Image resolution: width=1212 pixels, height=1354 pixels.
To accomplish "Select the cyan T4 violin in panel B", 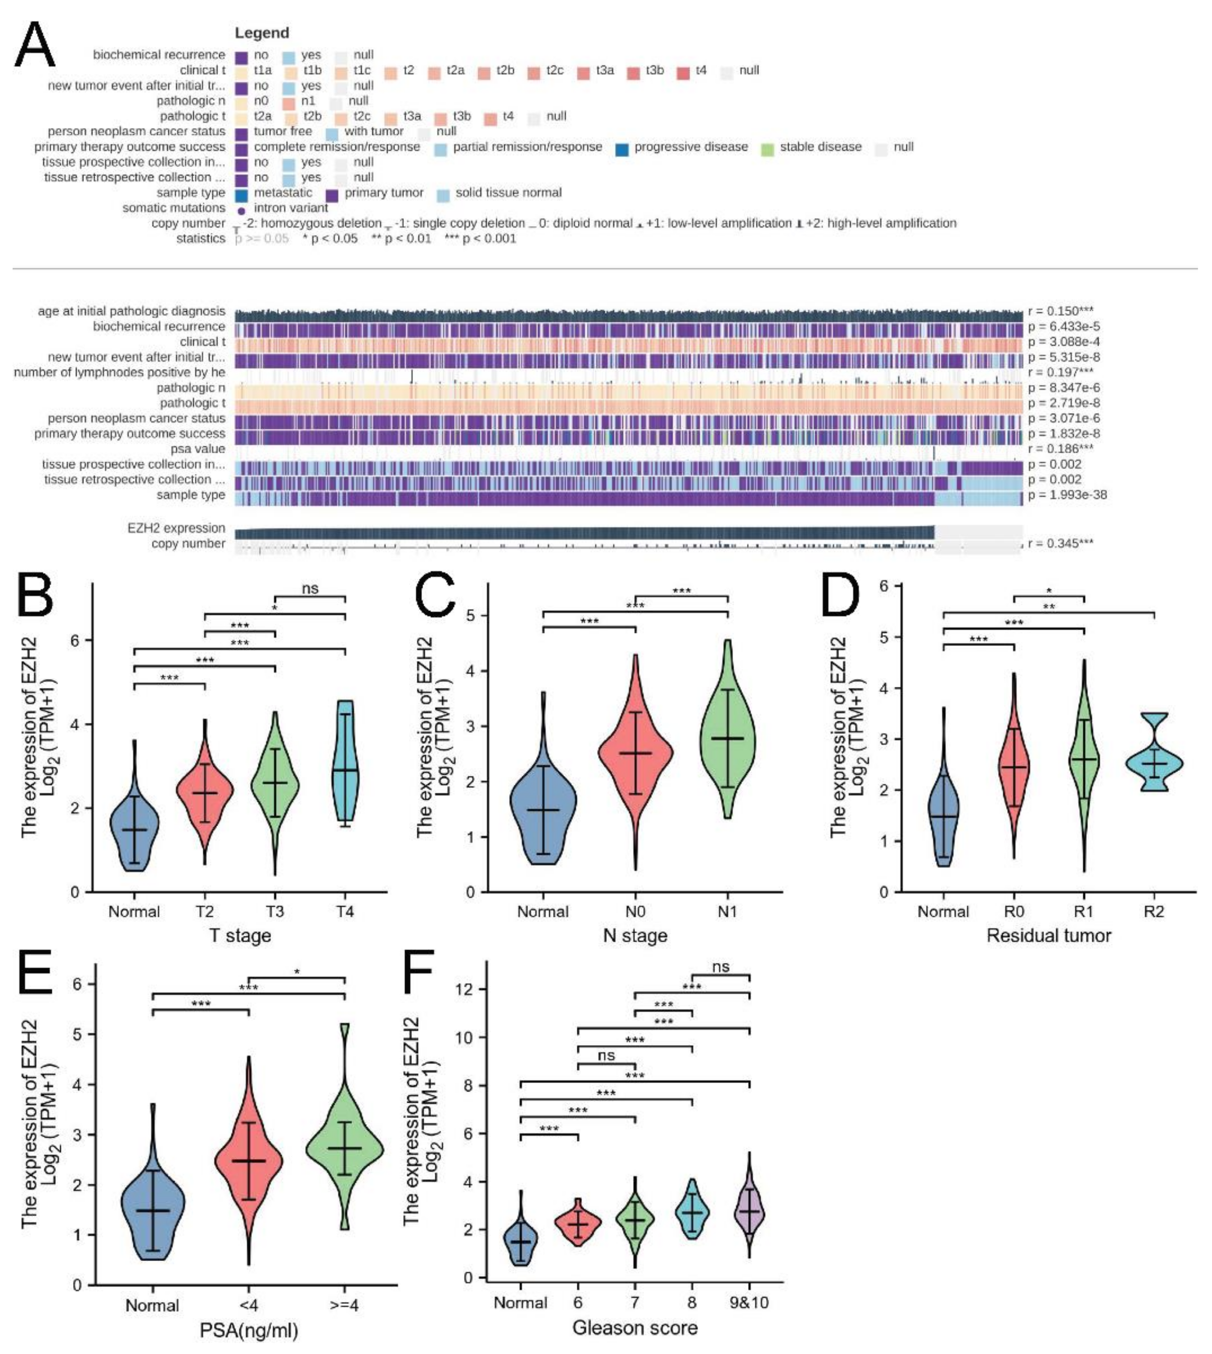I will [345, 765].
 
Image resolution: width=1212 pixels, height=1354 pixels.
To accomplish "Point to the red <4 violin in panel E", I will [248, 1162].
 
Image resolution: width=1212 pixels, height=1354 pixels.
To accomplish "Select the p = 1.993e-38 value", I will [1067, 495].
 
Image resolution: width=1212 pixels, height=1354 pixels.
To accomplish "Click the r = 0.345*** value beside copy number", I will [1060, 543].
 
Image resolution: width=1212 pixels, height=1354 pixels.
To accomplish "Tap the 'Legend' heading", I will [262, 33].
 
